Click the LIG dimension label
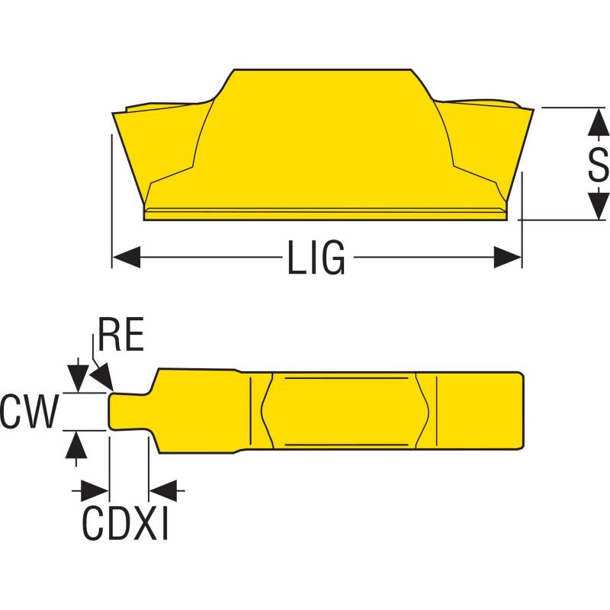pyautogui.click(x=316, y=258)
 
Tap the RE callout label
pyautogui.click(x=121, y=336)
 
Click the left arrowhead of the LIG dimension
pyautogui.click(x=126, y=258)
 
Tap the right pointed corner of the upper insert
pyautogui.click(x=529, y=108)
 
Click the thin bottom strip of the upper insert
pyautogui.click(x=324, y=214)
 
